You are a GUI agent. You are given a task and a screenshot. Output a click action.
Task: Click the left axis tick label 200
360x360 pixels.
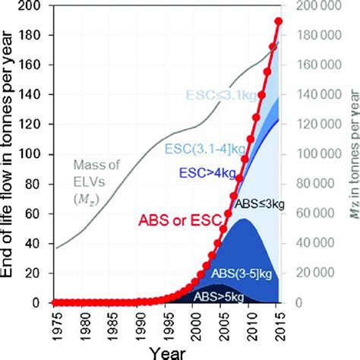click(x=36, y=6)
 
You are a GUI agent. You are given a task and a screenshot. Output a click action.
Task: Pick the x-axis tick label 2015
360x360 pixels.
click(x=279, y=324)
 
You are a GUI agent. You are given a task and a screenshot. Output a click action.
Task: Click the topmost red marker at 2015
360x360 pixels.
click(x=279, y=21)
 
